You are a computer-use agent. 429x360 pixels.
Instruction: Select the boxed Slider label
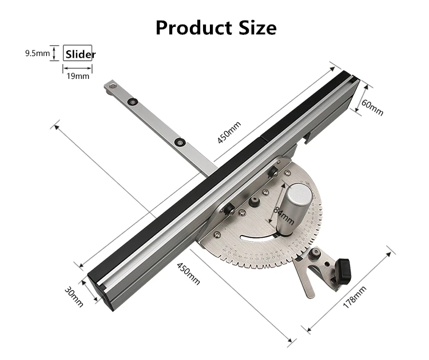pos(79,54)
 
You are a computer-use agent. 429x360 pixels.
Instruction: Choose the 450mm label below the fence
pos(189,273)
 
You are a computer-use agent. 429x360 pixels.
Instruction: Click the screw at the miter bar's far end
pos(112,86)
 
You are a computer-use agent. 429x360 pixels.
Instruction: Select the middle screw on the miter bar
pos(133,102)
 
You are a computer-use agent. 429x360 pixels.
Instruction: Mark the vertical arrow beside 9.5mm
pos(53,53)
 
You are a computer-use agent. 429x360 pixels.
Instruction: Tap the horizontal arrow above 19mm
pos(77,67)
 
